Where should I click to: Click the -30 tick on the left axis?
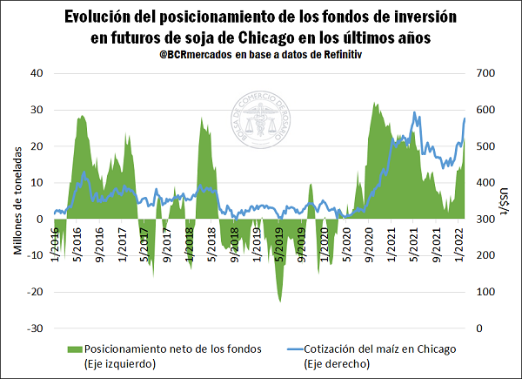(36, 328)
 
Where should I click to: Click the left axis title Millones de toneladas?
(18, 200)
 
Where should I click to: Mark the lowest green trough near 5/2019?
(279, 301)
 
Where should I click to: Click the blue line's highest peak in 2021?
(414, 112)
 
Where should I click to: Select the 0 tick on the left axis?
(41, 219)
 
